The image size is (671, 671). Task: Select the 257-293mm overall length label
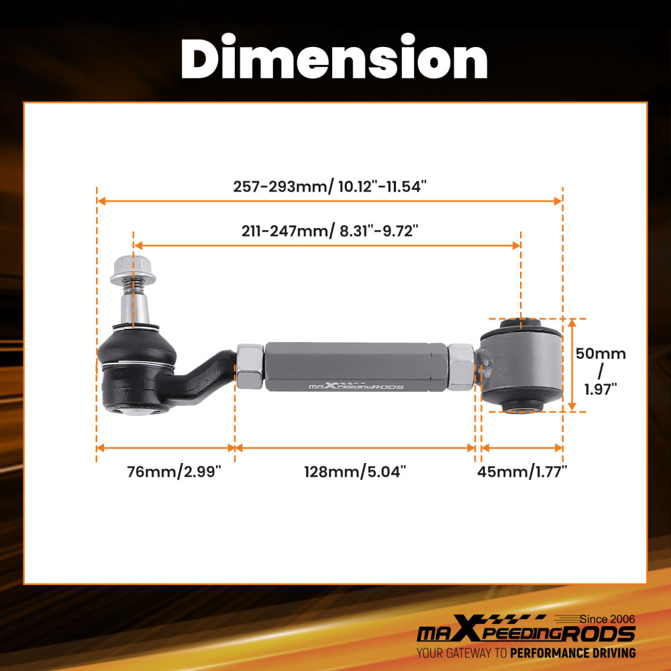329,187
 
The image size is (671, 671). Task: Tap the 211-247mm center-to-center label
329,231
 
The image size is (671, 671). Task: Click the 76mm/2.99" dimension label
174,472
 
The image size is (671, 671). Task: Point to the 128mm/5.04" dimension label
356,472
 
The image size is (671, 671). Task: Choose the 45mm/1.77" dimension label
522,472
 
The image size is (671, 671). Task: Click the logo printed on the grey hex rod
356,386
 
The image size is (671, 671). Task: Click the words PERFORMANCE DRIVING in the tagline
572,653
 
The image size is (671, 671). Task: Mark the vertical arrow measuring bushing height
572,364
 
